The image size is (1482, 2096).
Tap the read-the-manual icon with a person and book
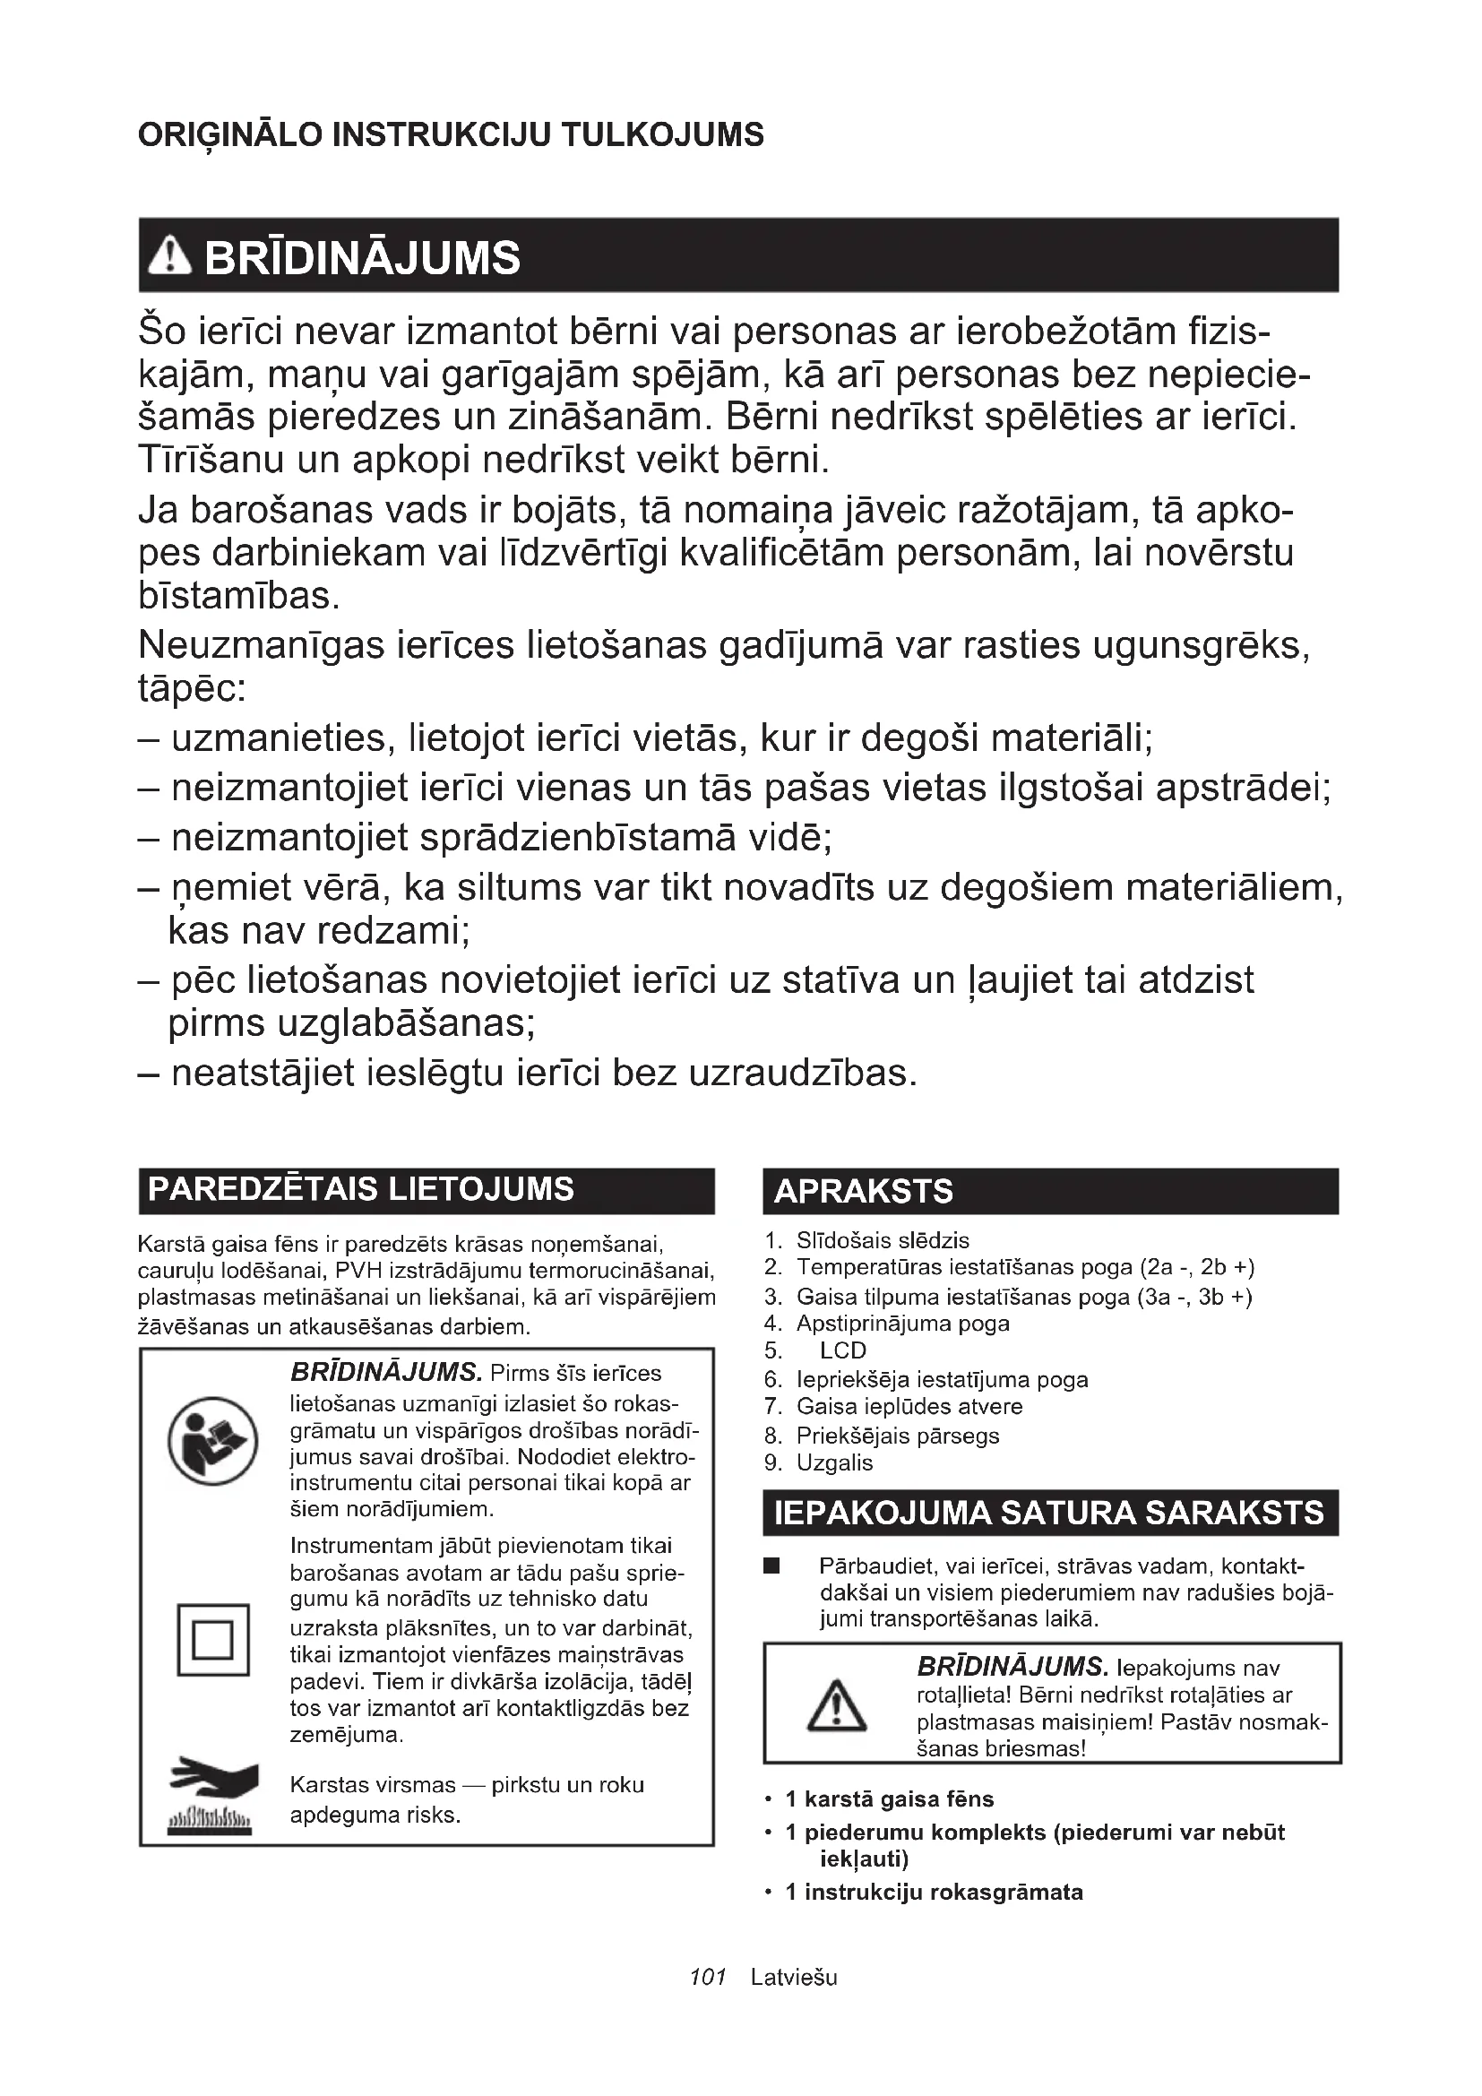point(213,1442)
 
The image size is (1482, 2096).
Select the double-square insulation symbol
point(213,1640)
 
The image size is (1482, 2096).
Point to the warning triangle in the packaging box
point(837,1706)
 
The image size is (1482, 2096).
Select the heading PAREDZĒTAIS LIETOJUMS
point(360,1189)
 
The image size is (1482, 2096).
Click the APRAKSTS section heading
point(863,1191)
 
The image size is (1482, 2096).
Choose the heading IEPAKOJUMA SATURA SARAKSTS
point(1048,1513)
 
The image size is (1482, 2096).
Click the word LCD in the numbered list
point(842,1351)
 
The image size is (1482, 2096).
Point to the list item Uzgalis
point(834,1463)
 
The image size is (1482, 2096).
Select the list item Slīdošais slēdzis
point(883,1240)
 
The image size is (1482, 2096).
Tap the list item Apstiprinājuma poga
point(902,1324)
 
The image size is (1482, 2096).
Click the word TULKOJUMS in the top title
point(661,135)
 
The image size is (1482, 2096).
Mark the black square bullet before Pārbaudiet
point(772,1567)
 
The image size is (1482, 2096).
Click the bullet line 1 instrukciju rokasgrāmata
point(934,1893)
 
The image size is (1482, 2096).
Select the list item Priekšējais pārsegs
point(898,1436)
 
